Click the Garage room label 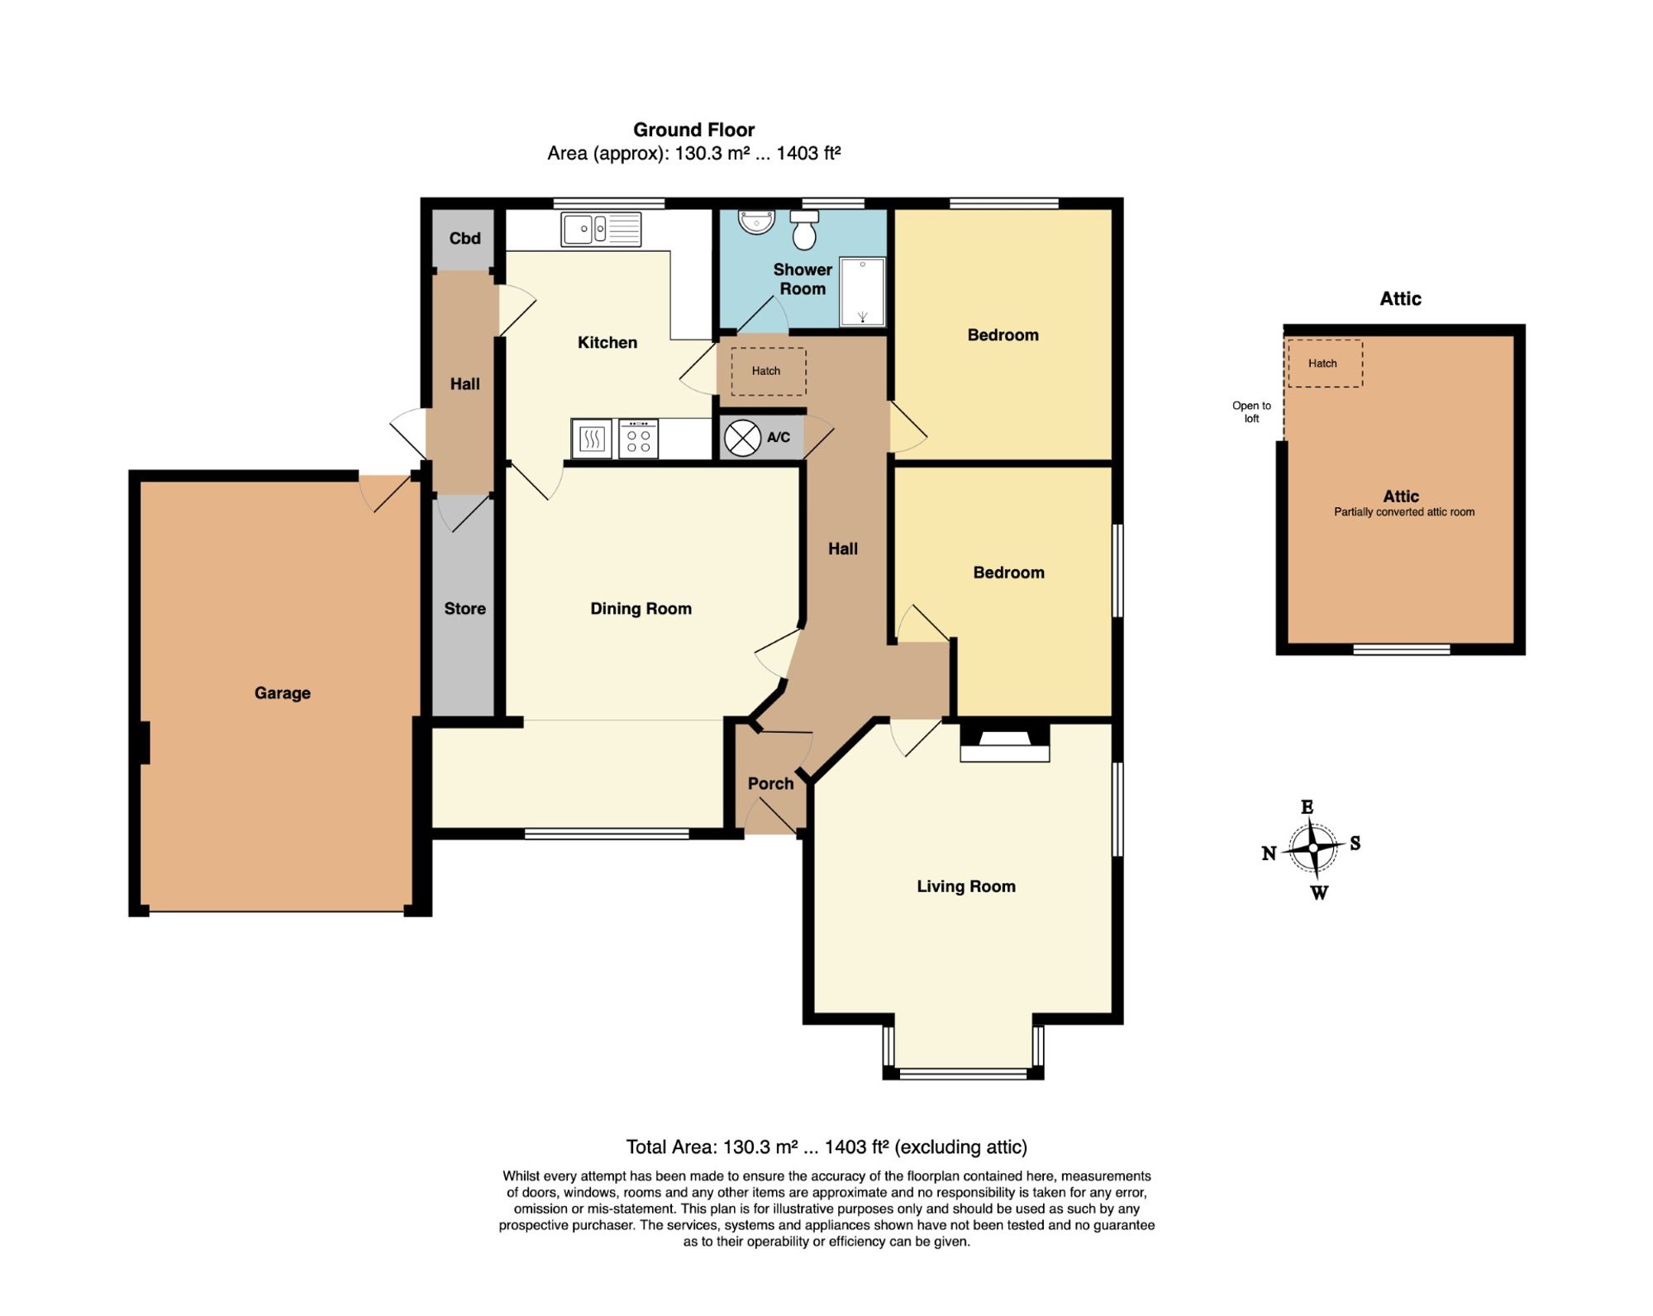[x=282, y=693]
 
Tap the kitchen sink [x=601, y=230]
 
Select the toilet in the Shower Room [x=804, y=230]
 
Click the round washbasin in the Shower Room [x=756, y=221]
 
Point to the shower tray [x=862, y=291]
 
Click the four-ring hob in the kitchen [x=638, y=439]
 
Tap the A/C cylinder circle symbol [x=742, y=439]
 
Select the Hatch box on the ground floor [x=768, y=371]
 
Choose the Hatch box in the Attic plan [x=1325, y=363]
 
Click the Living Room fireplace [x=1004, y=743]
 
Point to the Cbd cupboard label [x=464, y=238]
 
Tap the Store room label [x=464, y=609]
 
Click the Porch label [x=770, y=783]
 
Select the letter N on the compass [x=1269, y=853]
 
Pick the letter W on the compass [x=1319, y=892]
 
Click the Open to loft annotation [x=1251, y=411]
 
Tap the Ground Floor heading [x=693, y=130]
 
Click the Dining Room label [x=641, y=609]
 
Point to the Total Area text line [x=826, y=1147]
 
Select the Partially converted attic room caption [x=1403, y=512]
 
